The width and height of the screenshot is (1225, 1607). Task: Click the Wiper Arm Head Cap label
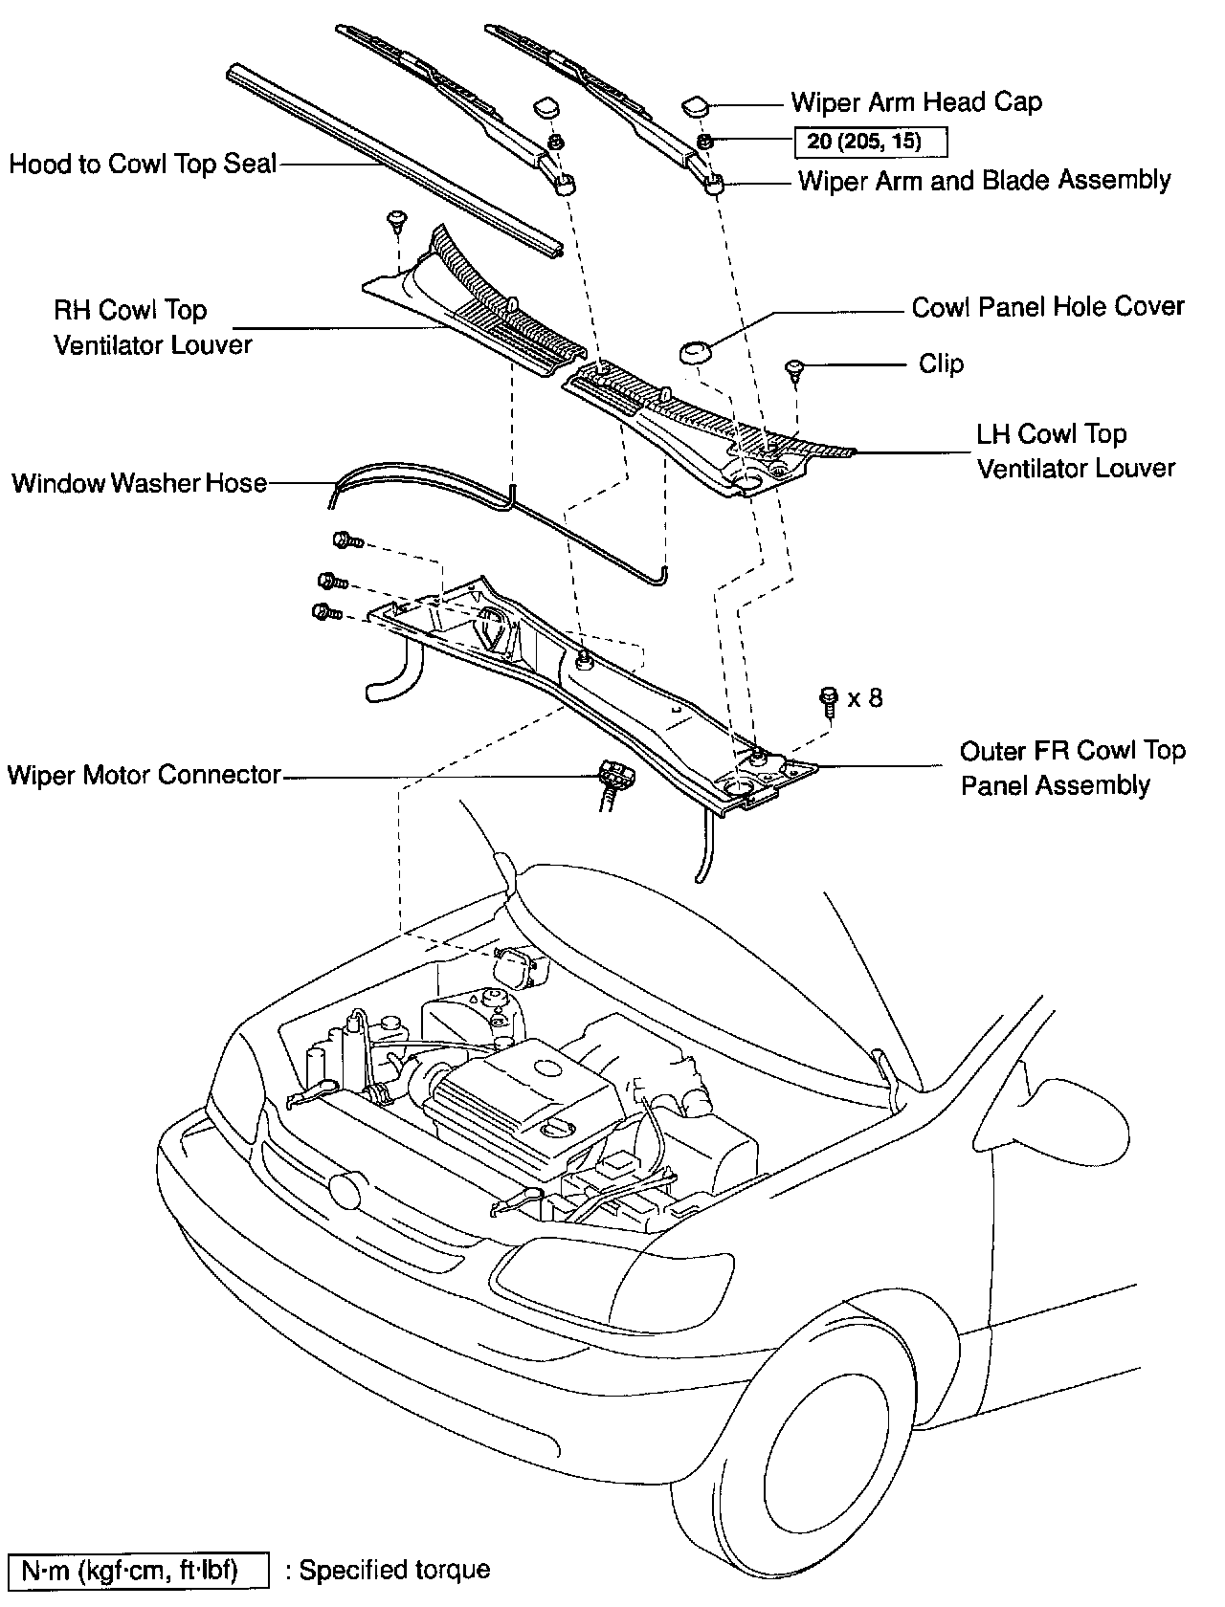[x=916, y=102]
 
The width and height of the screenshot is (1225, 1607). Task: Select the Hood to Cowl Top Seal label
[x=143, y=164]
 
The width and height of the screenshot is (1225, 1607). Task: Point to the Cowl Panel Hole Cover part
[x=696, y=351]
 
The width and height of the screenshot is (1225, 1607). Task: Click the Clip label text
[x=941, y=363]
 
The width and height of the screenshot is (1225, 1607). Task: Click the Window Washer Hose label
[x=139, y=482]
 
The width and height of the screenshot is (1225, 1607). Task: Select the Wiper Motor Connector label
[x=144, y=774]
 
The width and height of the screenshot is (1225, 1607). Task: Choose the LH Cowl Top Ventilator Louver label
[x=1076, y=451]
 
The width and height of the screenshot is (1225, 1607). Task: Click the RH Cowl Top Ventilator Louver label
[x=152, y=327]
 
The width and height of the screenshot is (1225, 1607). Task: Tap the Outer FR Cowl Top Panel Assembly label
[x=1072, y=767]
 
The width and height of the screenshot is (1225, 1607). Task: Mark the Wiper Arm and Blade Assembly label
[x=984, y=180]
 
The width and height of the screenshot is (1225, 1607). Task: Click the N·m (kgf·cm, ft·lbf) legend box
[x=136, y=1570]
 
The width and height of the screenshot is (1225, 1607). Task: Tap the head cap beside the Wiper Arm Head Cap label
[x=696, y=103]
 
